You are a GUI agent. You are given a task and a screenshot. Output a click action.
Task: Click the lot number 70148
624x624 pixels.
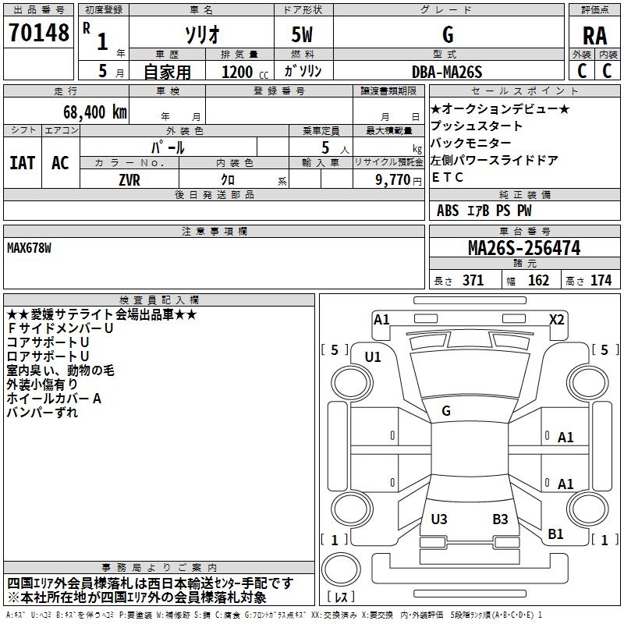[38, 34]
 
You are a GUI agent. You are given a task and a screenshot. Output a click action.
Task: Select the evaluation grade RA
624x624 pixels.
[595, 36]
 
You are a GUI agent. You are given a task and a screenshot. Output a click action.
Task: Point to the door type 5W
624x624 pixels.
[303, 35]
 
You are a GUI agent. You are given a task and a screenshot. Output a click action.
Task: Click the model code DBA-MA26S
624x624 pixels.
[447, 71]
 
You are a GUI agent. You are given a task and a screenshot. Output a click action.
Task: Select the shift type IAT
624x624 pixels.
[22, 163]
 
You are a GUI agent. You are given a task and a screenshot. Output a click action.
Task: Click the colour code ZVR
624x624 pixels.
[129, 179]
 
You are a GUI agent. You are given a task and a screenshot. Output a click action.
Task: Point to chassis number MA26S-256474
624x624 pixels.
[523, 248]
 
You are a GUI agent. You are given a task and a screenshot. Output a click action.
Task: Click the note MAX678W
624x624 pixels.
[29, 248]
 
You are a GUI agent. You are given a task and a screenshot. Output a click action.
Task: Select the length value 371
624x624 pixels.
[473, 281]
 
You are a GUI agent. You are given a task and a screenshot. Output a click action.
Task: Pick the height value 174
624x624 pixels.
[601, 281]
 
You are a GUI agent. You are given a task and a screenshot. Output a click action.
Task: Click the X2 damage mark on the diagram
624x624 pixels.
[556, 319]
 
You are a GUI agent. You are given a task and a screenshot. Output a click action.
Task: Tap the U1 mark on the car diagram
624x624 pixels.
[373, 357]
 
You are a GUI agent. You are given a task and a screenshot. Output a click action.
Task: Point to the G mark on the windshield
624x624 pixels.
[446, 410]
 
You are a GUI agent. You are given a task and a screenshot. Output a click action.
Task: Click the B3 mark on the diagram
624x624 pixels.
[500, 519]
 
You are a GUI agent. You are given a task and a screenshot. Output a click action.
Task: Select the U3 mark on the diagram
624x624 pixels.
[439, 519]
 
